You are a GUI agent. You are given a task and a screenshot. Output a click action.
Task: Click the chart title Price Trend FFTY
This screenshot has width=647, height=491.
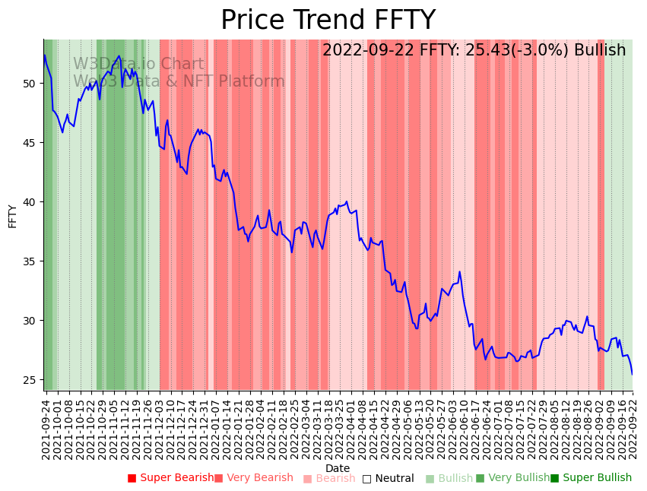click(328, 21)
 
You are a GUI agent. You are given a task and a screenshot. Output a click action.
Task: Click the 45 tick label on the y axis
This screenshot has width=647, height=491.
click(31, 142)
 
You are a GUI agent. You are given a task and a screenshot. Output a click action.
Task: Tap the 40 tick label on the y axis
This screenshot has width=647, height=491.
click(31, 201)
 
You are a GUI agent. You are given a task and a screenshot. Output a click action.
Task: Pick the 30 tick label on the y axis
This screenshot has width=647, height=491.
click(31, 320)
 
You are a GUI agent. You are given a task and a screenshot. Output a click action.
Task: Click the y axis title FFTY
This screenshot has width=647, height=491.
click(13, 216)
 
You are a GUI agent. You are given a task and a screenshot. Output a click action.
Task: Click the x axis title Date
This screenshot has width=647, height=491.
click(338, 468)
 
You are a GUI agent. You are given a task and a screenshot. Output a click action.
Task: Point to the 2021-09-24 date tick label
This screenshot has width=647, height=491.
click(46, 429)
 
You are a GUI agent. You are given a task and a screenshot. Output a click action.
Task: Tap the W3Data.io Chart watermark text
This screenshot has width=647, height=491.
click(138, 65)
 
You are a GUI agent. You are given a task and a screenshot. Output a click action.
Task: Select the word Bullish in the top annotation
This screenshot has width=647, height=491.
click(600, 50)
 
